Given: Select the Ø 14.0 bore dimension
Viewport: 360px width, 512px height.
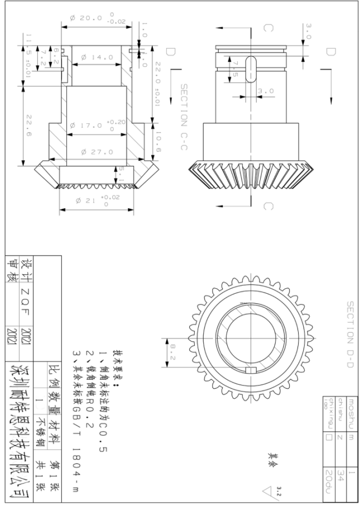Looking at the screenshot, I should [x=98, y=58].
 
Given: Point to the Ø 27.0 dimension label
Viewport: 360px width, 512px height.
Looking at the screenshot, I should [x=98, y=151].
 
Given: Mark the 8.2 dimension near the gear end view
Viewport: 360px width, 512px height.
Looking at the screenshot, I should [x=173, y=353].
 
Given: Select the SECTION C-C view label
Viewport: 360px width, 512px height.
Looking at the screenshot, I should [x=183, y=118].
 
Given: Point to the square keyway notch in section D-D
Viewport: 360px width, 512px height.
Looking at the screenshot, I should [x=250, y=370].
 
